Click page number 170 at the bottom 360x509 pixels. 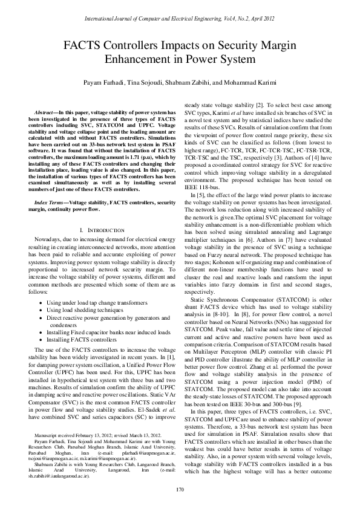pos(180,489)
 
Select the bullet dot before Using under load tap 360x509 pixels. pos(40,302)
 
